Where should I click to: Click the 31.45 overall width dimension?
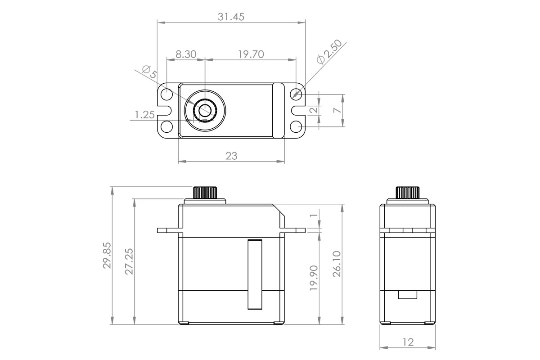[x=231, y=17]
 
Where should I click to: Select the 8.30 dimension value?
[x=185, y=54]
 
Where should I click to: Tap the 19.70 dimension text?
[x=251, y=54]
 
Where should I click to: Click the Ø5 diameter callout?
[x=148, y=72]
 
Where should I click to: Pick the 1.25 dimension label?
[x=144, y=115]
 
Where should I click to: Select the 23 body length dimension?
[x=231, y=156]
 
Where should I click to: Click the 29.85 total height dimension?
[x=107, y=255]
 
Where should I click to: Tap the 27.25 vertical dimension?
[x=129, y=261]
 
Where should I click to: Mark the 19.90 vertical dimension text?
[x=314, y=278]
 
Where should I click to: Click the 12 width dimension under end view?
[x=408, y=342]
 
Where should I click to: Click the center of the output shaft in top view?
[x=205, y=110]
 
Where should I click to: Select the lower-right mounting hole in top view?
[x=296, y=126]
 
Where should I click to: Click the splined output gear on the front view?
[x=205, y=192]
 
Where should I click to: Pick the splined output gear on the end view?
[x=408, y=192]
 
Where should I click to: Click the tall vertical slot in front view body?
[x=255, y=274]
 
